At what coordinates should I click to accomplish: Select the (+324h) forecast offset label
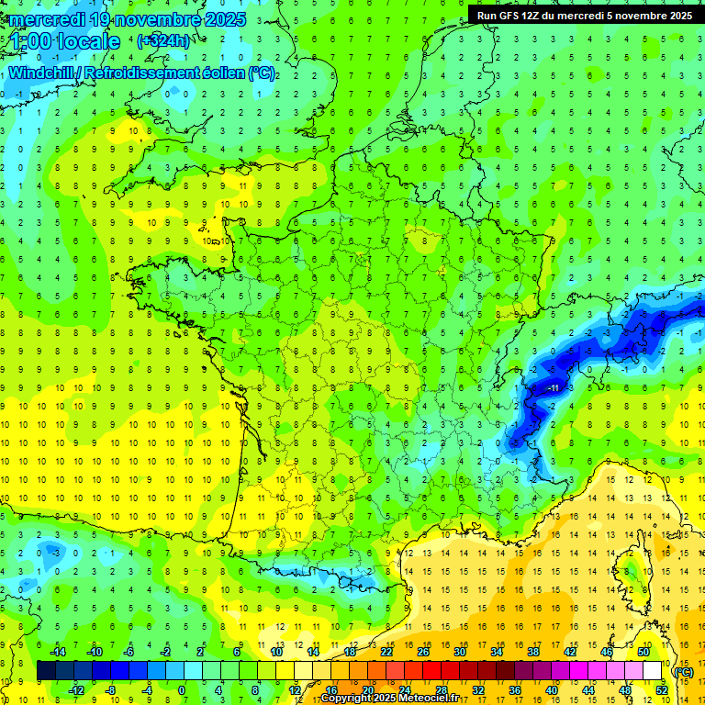click(163, 40)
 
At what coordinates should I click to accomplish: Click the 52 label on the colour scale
click(663, 690)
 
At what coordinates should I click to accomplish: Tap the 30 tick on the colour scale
click(460, 652)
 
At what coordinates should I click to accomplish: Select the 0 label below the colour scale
click(182, 690)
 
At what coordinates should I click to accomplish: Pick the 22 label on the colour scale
click(386, 652)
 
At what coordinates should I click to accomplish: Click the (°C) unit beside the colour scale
click(683, 671)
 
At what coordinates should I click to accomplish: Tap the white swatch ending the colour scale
click(653, 671)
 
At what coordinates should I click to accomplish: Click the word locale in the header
click(89, 41)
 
